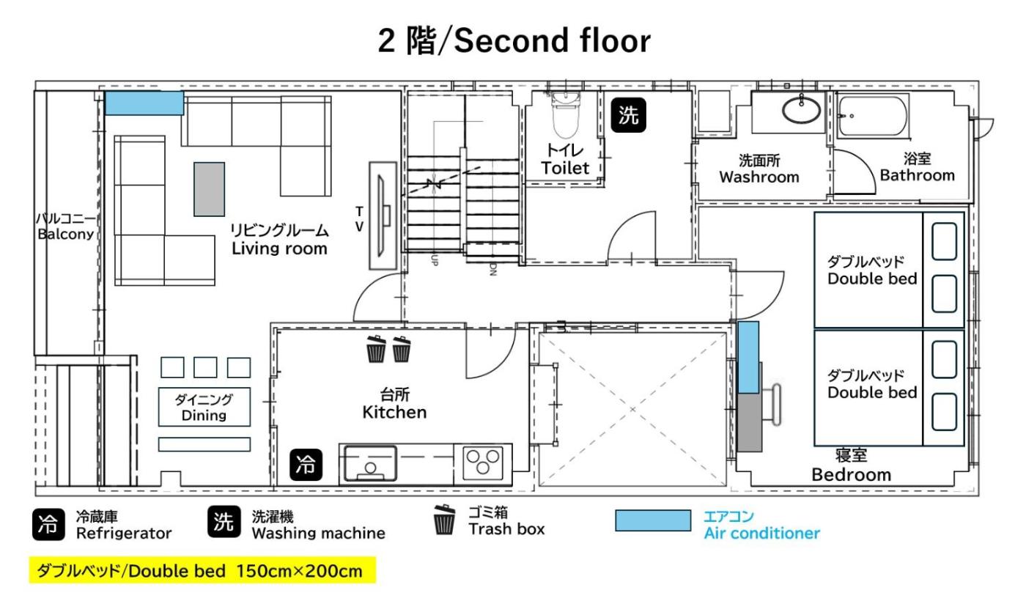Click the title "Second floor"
552,40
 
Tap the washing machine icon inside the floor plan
629,115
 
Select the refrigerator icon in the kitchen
306,465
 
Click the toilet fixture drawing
566,114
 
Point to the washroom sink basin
801,110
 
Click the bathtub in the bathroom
873,116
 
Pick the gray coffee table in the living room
210,189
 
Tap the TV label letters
360,218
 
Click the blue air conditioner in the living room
144,103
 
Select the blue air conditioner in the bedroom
748,357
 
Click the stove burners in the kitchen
483,462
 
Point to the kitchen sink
371,463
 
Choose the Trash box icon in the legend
444,520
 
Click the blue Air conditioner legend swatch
653,520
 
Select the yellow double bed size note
202,570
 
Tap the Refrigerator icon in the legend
48,525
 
